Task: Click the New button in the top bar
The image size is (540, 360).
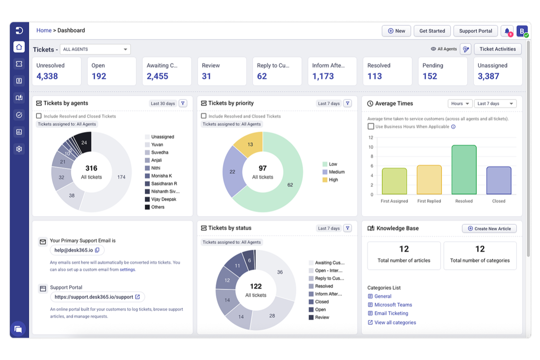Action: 396,31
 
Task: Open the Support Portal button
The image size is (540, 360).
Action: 475,31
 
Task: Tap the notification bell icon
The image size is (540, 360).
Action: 507,31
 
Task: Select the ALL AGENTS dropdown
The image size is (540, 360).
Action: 95,49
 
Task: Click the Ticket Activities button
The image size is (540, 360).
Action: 497,49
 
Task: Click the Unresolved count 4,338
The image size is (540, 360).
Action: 47,76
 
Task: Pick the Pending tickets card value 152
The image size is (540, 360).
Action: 429,76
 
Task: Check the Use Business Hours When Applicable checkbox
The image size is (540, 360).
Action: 371,127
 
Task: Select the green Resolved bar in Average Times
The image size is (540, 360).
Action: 464,170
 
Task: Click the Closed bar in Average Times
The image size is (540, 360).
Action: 498,181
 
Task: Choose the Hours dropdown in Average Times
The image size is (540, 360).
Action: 460,104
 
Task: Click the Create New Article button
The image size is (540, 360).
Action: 489,229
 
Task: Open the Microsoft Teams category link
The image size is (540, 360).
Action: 393,305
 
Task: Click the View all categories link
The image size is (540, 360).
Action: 395,322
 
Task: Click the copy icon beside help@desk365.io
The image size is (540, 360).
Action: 97,250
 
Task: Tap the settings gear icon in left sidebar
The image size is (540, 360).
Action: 19,149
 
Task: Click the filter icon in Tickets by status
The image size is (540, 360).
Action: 347,228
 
